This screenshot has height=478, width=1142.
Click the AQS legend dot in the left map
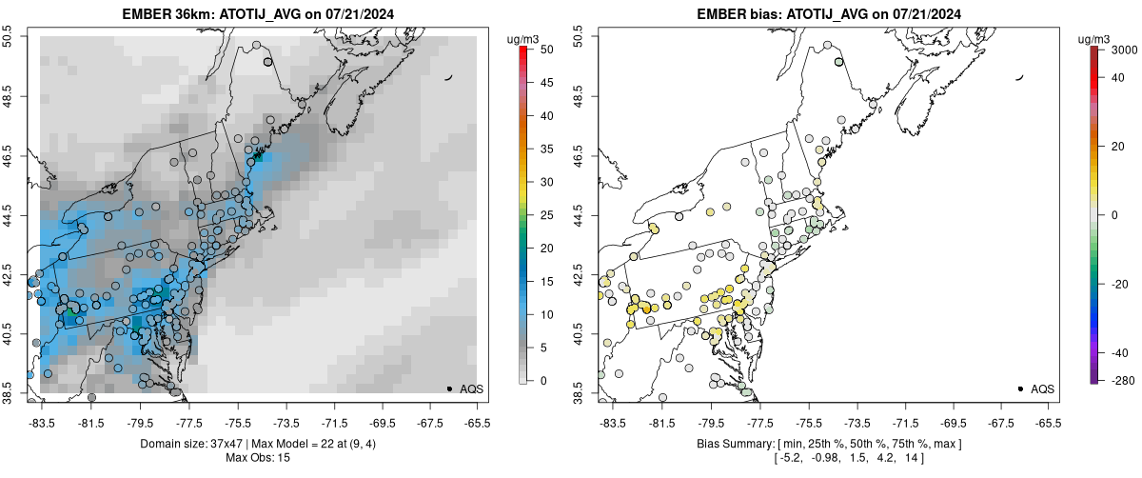point(448,388)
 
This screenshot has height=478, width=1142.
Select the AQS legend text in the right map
point(1042,388)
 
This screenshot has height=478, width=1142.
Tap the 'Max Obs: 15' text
point(257,458)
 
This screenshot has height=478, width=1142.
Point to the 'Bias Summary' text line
point(827,445)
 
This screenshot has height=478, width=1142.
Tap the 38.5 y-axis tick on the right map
point(581,392)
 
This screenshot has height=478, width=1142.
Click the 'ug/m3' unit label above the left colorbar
point(525,38)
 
